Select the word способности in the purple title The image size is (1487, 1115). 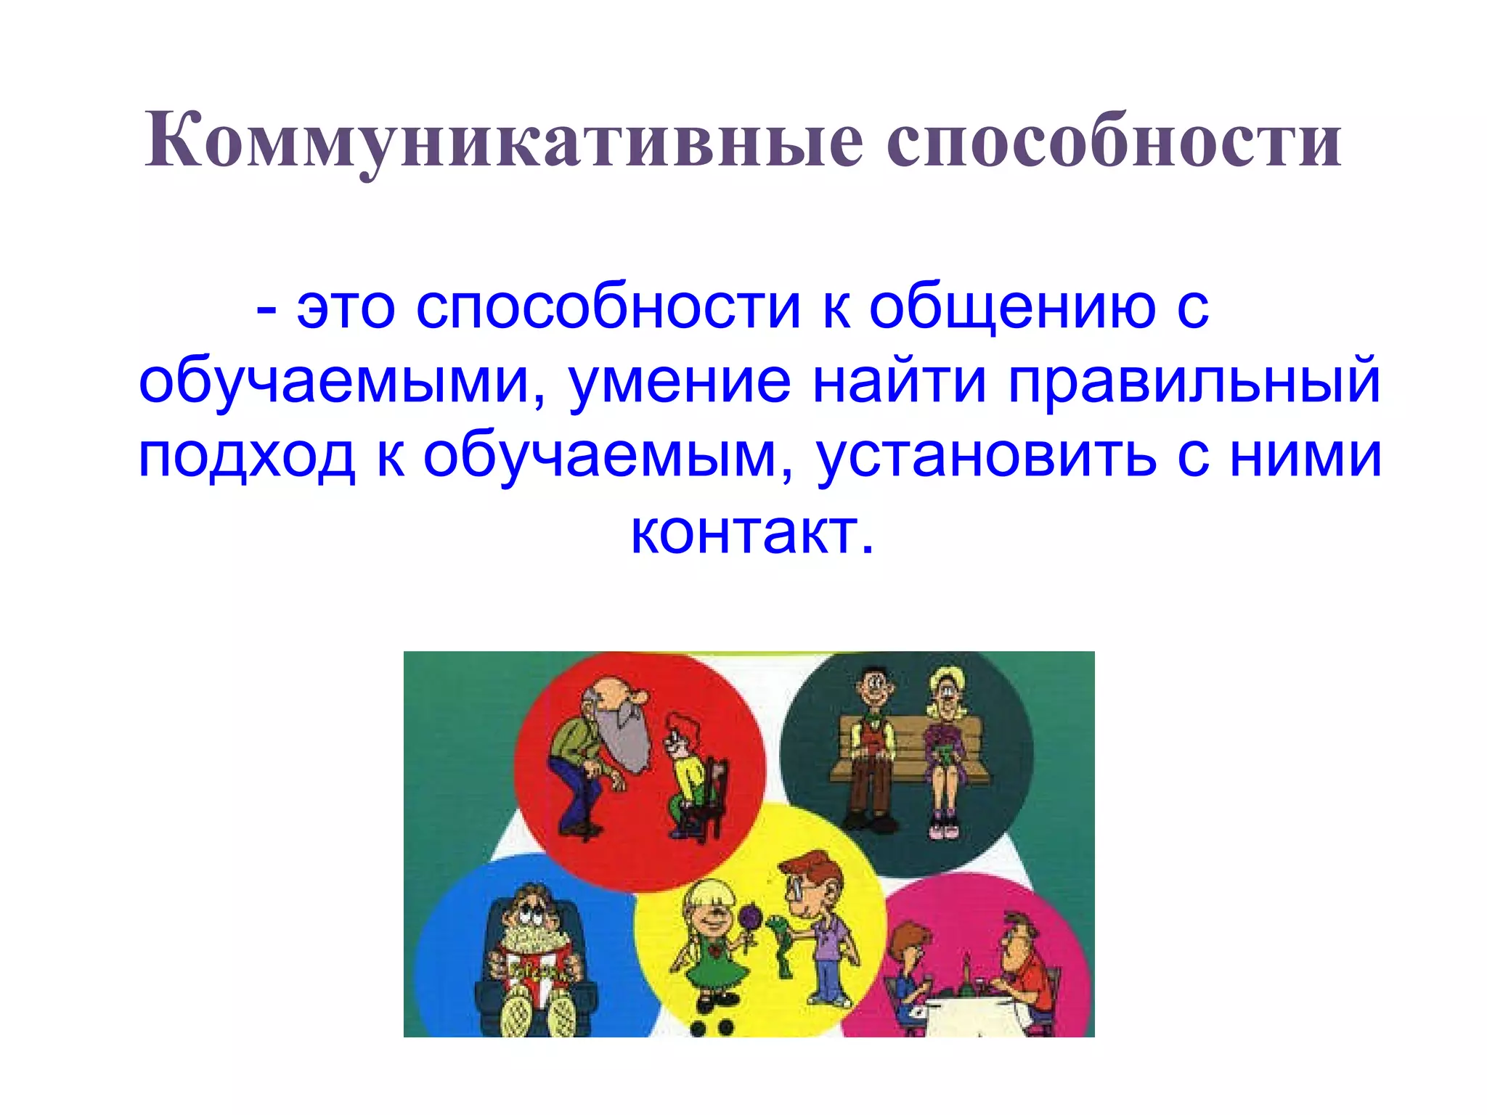(x=1114, y=142)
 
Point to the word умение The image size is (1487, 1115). (x=679, y=381)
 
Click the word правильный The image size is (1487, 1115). (x=1194, y=381)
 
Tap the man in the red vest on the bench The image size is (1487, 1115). (x=871, y=748)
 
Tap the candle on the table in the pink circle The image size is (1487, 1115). (x=967, y=969)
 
